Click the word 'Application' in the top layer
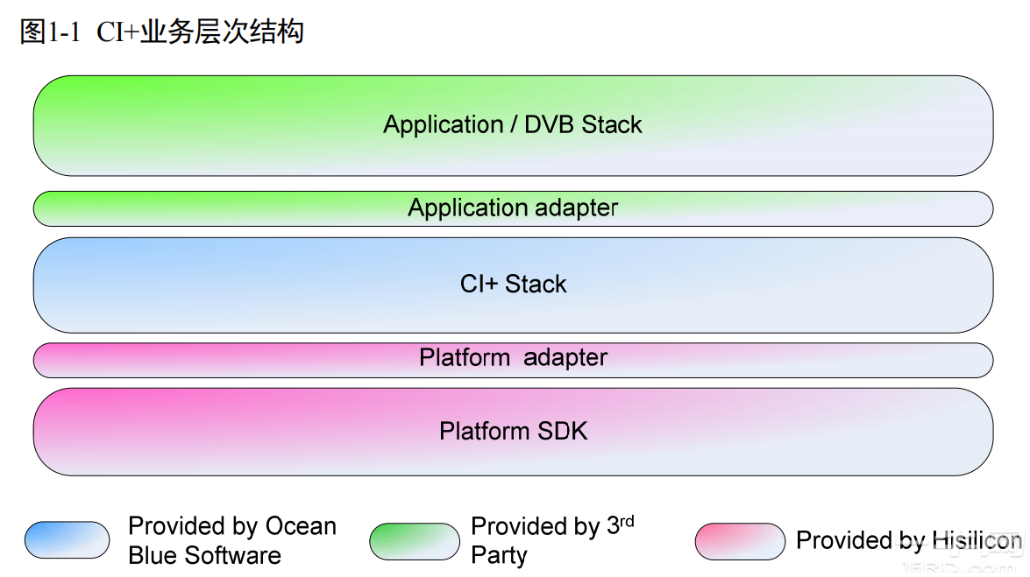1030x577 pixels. (444, 125)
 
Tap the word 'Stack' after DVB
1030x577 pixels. (612, 125)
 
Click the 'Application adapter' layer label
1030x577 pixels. (513, 208)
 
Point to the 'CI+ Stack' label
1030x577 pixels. (514, 285)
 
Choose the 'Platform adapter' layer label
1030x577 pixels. (513, 358)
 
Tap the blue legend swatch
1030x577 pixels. (67, 540)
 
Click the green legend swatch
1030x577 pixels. (414, 541)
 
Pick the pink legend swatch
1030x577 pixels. (740, 541)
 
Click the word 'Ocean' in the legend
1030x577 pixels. (301, 526)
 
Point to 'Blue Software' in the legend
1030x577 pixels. (204, 555)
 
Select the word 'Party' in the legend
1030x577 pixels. (499, 555)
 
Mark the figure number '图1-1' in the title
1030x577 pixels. (49, 32)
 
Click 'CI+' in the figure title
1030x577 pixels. (118, 32)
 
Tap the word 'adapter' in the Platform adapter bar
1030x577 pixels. (565, 358)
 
